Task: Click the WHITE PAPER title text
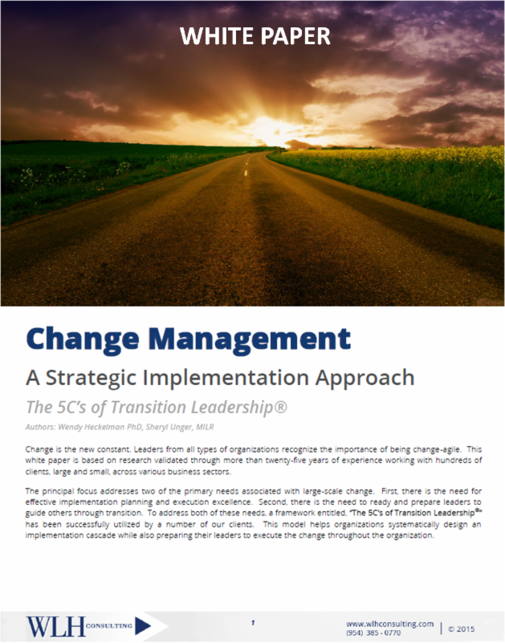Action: click(255, 36)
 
